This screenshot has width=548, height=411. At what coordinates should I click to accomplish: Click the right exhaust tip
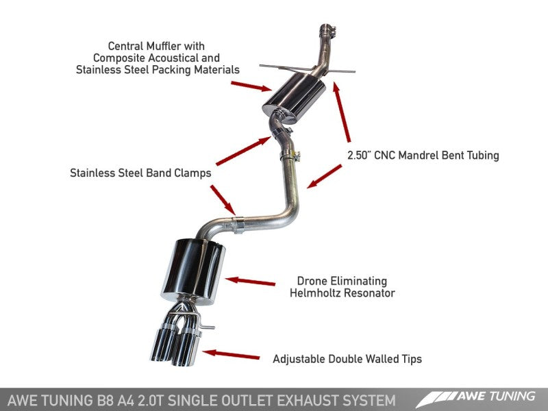coord(186,347)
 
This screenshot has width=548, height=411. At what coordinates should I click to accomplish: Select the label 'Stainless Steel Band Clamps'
coord(140,173)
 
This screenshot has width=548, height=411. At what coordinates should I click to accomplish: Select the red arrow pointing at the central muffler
coord(251,86)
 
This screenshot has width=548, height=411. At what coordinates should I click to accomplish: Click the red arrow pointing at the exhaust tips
coord(232,355)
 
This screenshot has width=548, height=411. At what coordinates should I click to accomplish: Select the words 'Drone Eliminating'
coord(342,281)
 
